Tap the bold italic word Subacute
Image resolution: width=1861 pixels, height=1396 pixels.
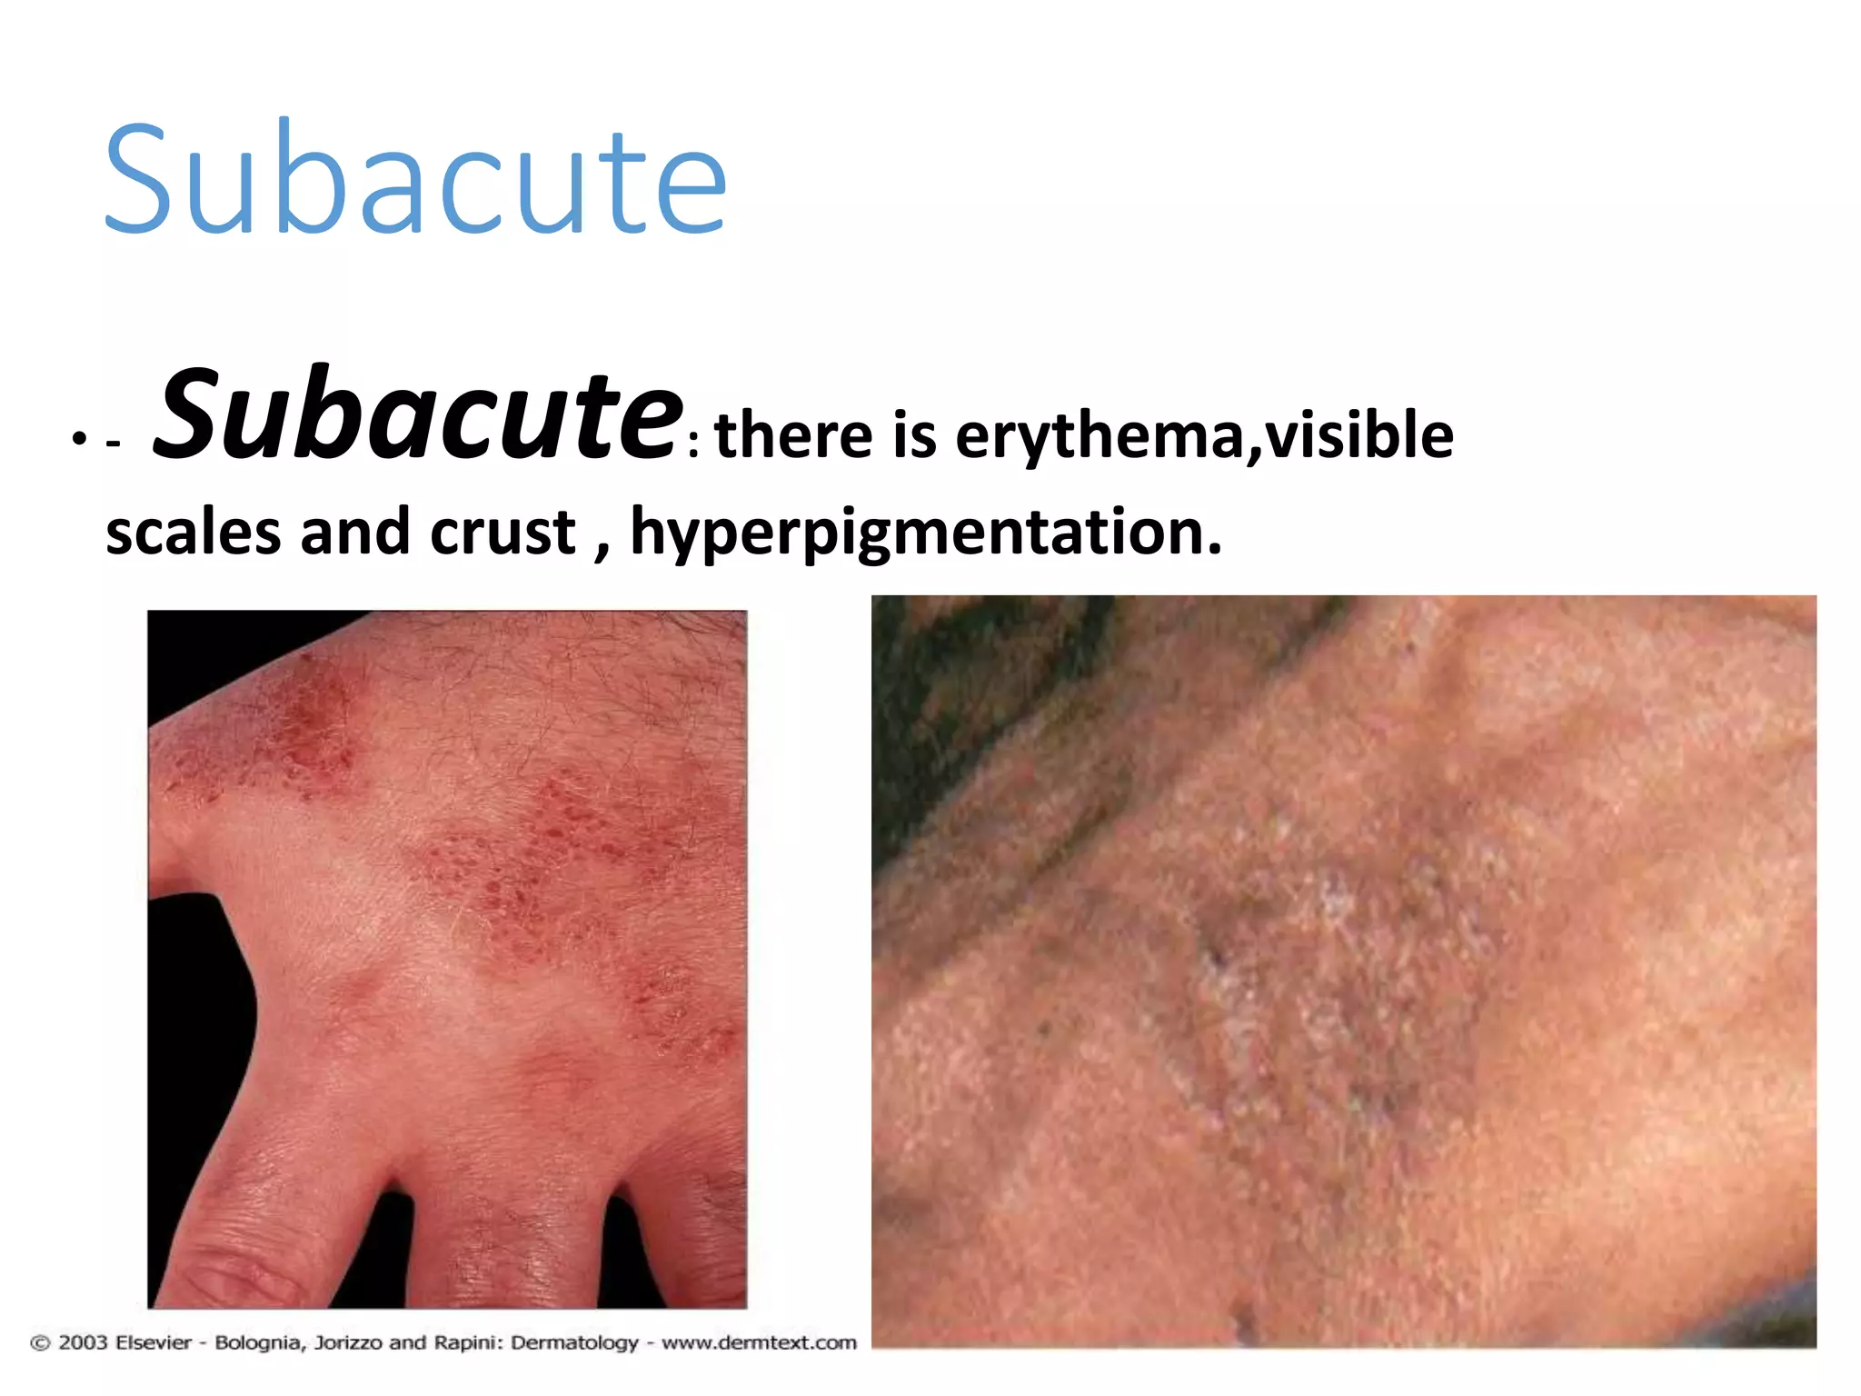(417, 414)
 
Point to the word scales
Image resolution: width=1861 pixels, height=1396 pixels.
(193, 532)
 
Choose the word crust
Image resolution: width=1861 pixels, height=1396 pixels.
(503, 532)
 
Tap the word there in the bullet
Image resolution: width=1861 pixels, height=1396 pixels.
(793, 435)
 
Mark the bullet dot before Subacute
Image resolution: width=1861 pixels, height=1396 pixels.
(79, 440)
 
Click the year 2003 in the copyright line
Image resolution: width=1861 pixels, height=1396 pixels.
(83, 1342)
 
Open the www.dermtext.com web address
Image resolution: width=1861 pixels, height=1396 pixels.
(759, 1342)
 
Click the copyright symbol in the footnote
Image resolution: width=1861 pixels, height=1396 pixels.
(41, 1342)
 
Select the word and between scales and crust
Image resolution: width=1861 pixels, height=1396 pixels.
(354, 532)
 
